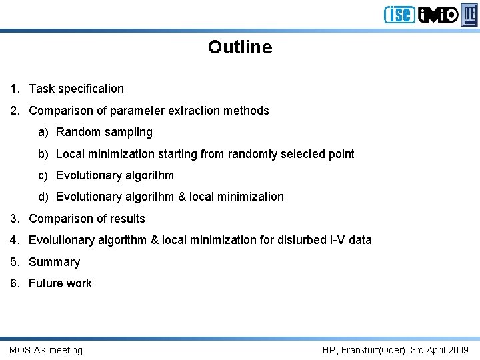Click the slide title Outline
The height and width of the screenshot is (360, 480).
click(x=240, y=47)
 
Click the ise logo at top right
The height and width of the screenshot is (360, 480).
click(x=399, y=14)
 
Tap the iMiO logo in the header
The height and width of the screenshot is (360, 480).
click(x=438, y=14)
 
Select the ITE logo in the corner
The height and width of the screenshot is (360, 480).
click(x=470, y=14)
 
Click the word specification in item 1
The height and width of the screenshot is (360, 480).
click(x=91, y=89)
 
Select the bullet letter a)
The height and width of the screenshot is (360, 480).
click(x=43, y=132)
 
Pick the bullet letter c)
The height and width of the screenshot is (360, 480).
click(x=43, y=175)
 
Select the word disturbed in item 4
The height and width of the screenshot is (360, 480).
click(x=297, y=240)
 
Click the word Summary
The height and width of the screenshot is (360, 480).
click(x=54, y=262)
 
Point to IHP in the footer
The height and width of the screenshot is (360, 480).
click(x=328, y=350)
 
